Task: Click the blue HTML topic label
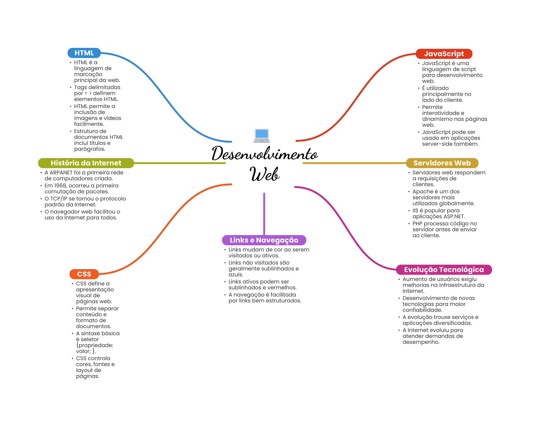click(84, 53)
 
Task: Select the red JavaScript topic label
click(444, 54)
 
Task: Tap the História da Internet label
click(86, 163)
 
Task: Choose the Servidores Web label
click(442, 163)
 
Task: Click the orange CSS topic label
click(84, 274)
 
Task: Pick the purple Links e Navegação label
click(264, 240)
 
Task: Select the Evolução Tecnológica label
click(444, 270)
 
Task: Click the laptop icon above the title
click(262, 136)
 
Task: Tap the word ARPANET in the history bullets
click(61, 173)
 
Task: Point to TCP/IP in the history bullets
click(59, 199)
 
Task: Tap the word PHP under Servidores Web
click(417, 224)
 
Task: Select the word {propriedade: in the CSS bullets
click(95, 345)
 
